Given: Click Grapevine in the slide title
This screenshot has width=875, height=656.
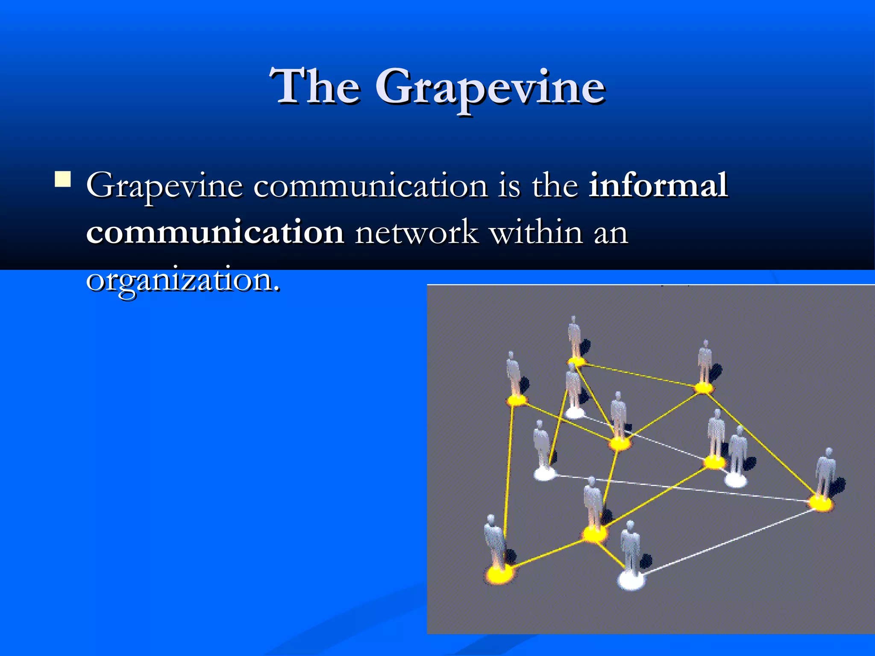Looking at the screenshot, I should click(490, 88).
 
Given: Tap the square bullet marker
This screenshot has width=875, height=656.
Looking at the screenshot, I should click(62, 179).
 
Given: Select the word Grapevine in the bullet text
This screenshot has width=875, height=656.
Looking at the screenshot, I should click(164, 187).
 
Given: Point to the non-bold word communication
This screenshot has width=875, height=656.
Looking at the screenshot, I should click(370, 187).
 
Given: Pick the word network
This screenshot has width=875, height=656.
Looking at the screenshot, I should click(417, 233).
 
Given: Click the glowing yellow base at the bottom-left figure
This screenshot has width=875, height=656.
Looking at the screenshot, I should click(499, 574).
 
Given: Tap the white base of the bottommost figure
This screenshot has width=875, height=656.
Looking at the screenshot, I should click(631, 580).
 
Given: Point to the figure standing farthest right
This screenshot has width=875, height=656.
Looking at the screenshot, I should click(825, 474).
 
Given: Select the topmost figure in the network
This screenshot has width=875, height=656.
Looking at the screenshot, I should click(575, 337).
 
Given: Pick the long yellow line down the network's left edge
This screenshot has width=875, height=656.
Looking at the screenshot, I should click(508, 483).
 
